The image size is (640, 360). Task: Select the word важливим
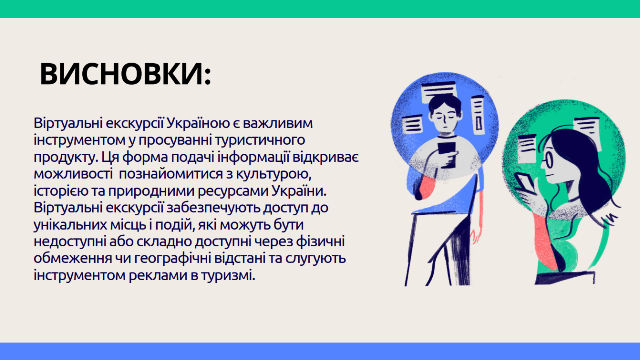point(278,123)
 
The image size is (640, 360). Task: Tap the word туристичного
point(260,140)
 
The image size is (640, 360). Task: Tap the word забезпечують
point(213,208)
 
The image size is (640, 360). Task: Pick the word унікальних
point(70,225)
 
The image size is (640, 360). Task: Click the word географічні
point(173,259)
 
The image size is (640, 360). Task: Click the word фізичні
point(320,242)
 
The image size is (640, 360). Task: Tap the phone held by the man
point(447,154)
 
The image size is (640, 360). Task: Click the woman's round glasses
point(547,160)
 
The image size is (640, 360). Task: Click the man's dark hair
point(445,102)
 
